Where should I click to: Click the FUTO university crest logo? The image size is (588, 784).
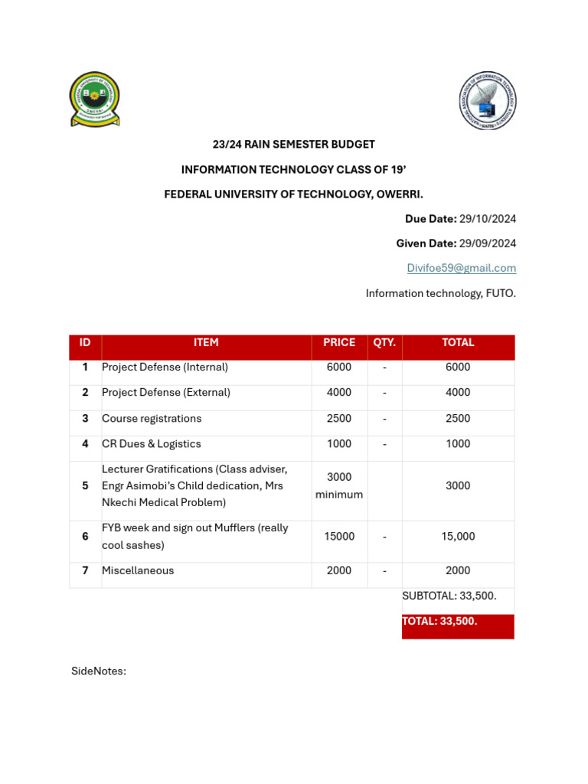pos(95,99)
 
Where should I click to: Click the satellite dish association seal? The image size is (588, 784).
pos(488,100)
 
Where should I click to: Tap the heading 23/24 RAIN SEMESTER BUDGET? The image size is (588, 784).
pos(293,144)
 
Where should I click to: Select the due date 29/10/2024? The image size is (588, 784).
pos(487,219)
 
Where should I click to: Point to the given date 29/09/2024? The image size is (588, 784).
pos(487,243)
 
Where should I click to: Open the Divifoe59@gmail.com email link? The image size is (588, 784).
pos(461,268)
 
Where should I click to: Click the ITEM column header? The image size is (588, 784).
pos(206,343)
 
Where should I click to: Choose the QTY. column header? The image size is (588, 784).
pos(384,343)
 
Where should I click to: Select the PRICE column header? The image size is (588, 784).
pos(339,343)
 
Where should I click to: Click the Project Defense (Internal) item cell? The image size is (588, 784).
pos(165,367)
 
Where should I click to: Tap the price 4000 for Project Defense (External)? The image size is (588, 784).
pos(339,393)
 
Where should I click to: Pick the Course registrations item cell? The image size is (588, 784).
pos(152,419)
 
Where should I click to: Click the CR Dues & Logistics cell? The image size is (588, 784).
pos(152,444)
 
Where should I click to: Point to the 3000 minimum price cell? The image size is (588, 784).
pos(339,485)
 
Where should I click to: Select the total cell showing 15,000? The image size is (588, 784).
pos(458,537)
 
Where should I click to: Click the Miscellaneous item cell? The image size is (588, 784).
pos(138,570)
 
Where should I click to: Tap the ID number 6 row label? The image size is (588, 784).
pos(85,537)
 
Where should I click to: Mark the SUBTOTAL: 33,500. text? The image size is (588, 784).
pos(449,596)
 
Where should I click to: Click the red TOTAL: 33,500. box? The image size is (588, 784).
pos(458,626)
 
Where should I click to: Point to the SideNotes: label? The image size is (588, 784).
pos(99,671)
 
